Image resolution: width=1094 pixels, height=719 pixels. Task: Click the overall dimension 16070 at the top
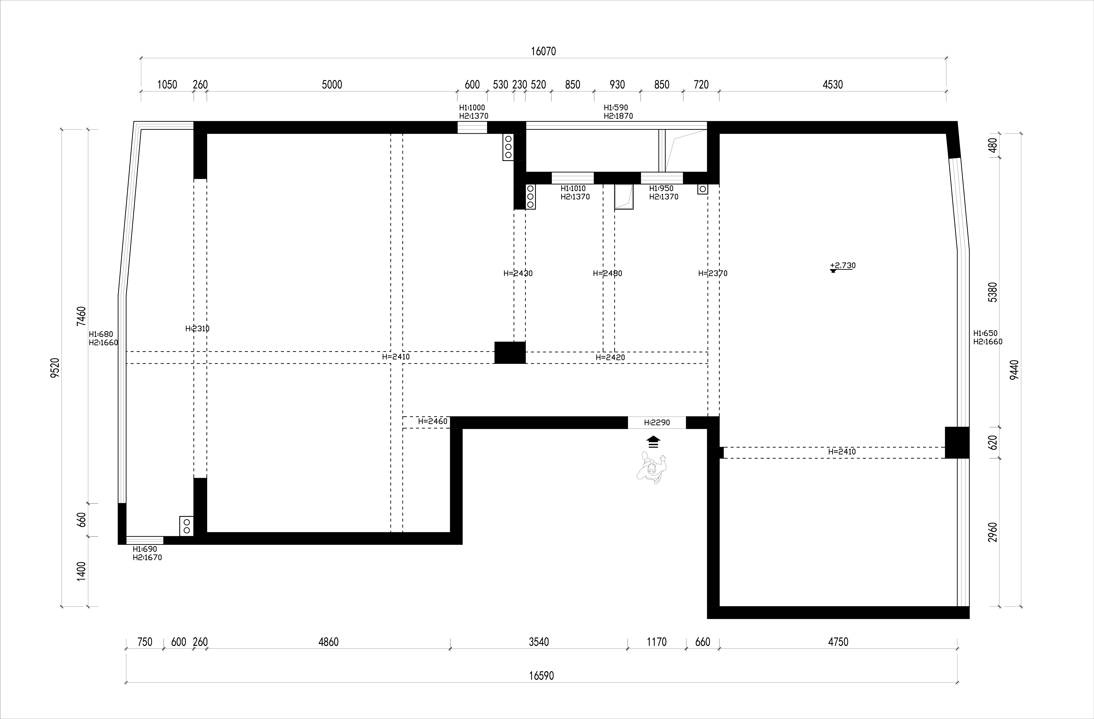click(543, 51)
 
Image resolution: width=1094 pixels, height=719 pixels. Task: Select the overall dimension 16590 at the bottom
click(542, 676)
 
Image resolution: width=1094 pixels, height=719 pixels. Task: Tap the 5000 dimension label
click(332, 85)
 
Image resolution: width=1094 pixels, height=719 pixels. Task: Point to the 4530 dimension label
click(833, 85)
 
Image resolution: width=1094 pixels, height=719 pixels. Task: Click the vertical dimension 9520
click(55, 368)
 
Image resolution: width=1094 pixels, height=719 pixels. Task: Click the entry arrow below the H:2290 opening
click(653, 442)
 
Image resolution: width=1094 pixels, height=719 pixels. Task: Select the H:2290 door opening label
click(657, 422)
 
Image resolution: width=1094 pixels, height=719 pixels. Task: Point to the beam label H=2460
click(432, 421)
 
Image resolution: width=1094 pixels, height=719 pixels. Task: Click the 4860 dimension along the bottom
click(329, 642)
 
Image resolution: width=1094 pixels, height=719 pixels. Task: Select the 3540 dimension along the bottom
click(539, 642)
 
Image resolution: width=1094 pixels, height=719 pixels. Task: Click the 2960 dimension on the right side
click(993, 532)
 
